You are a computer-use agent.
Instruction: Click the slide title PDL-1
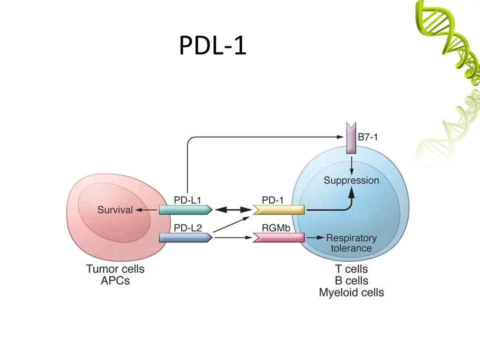pos(212,45)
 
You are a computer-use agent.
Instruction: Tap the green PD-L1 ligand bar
pos(185,209)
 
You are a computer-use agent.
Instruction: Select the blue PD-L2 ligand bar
pos(185,237)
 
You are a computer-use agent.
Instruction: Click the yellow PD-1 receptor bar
pos(278,209)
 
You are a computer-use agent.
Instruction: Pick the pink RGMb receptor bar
pos(278,237)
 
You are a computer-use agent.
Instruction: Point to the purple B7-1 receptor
pos(351,138)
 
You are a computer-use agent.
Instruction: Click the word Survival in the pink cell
pos(115,210)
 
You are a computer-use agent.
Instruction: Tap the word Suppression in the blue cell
pos(351,180)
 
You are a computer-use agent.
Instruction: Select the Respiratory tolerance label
pos(351,243)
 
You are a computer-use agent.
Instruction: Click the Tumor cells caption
pos(115,269)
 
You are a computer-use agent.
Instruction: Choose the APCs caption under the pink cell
pos(115,280)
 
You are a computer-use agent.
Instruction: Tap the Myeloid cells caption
pos(351,292)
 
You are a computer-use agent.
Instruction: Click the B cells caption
pos(351,280)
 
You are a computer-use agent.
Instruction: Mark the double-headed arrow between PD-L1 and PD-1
pos(233,209)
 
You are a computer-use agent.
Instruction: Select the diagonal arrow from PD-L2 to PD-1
pos(231,224)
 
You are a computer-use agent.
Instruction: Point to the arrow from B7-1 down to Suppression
pos(351,165)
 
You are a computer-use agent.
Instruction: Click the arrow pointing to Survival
pos(146,210)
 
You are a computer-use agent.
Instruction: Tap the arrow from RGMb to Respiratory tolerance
pos(315,237)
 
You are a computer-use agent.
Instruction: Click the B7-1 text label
pos(367,137)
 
